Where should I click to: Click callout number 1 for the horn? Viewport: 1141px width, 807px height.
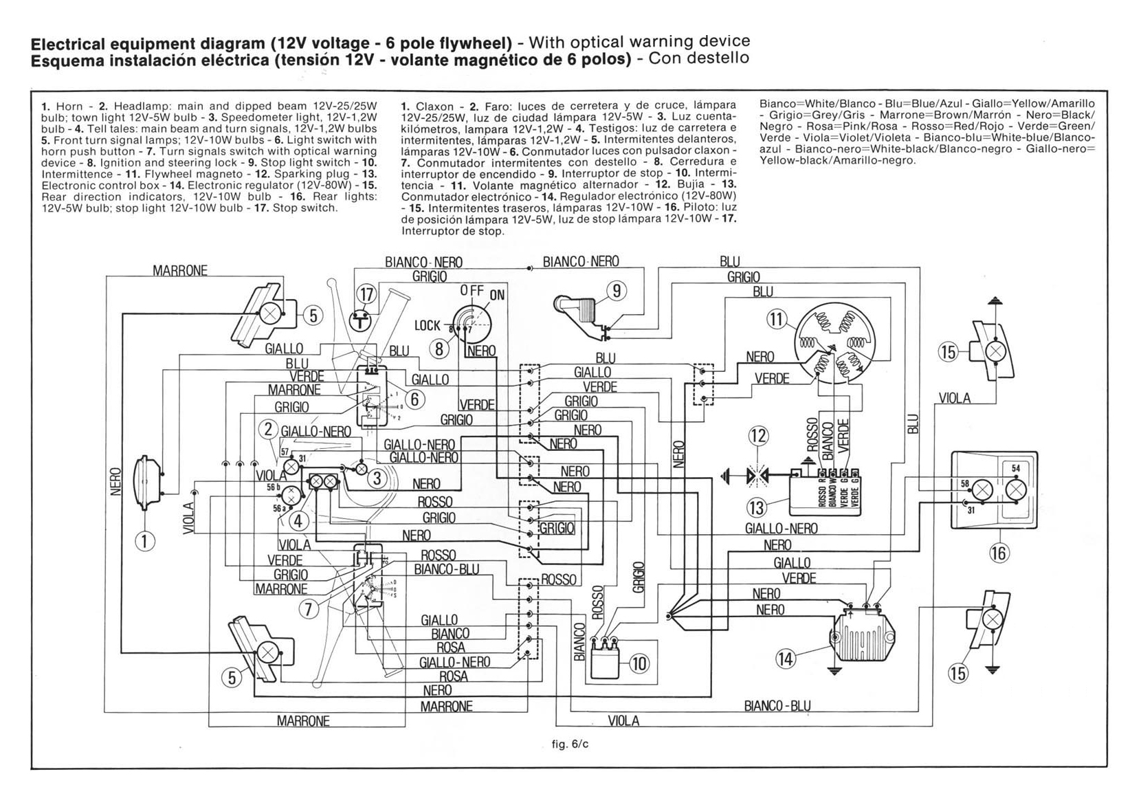coord(144,542)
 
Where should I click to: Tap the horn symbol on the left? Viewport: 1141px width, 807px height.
coord(147,483)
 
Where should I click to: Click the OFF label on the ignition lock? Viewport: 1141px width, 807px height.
coord(472,291)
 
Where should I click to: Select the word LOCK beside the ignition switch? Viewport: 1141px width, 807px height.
coord(428,325)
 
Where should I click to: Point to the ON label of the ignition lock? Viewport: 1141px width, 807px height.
coord(496,296)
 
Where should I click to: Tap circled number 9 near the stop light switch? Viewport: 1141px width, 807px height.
coord(617,291)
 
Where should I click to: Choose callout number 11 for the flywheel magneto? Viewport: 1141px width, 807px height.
coord(777,320)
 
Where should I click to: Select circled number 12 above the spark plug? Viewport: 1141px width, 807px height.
coord(758,436)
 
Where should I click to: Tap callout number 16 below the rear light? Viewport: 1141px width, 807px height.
coord(999,552)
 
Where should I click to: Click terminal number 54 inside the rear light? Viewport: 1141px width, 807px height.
coord(1016,468)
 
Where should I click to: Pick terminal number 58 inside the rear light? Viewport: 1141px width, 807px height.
coord(964,484)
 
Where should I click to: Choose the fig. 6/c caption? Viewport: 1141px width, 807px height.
coord(570,744)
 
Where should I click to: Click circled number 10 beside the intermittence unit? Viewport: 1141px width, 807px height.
coord(639,663)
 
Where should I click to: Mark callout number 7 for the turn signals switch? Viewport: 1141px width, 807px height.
coord(309,608)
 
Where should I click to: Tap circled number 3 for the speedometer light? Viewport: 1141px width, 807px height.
coord(377,478)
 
